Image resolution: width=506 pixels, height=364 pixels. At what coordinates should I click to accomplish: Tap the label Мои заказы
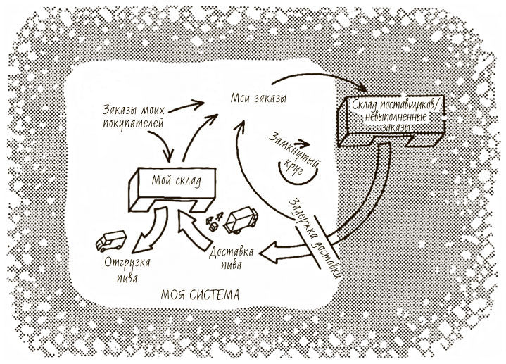258,98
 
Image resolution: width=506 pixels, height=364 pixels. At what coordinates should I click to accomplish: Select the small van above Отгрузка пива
110,241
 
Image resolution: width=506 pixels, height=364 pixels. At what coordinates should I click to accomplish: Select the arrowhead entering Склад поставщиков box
360,88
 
